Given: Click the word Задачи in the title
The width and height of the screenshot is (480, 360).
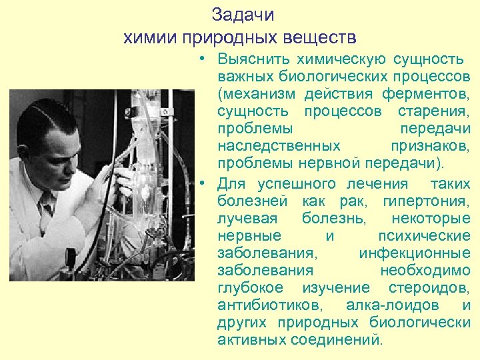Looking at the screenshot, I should pyautogui.click(x=242, y=15).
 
